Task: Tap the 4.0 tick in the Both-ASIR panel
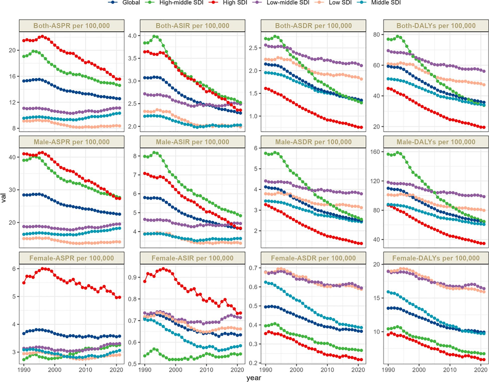(x=134, y=35)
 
